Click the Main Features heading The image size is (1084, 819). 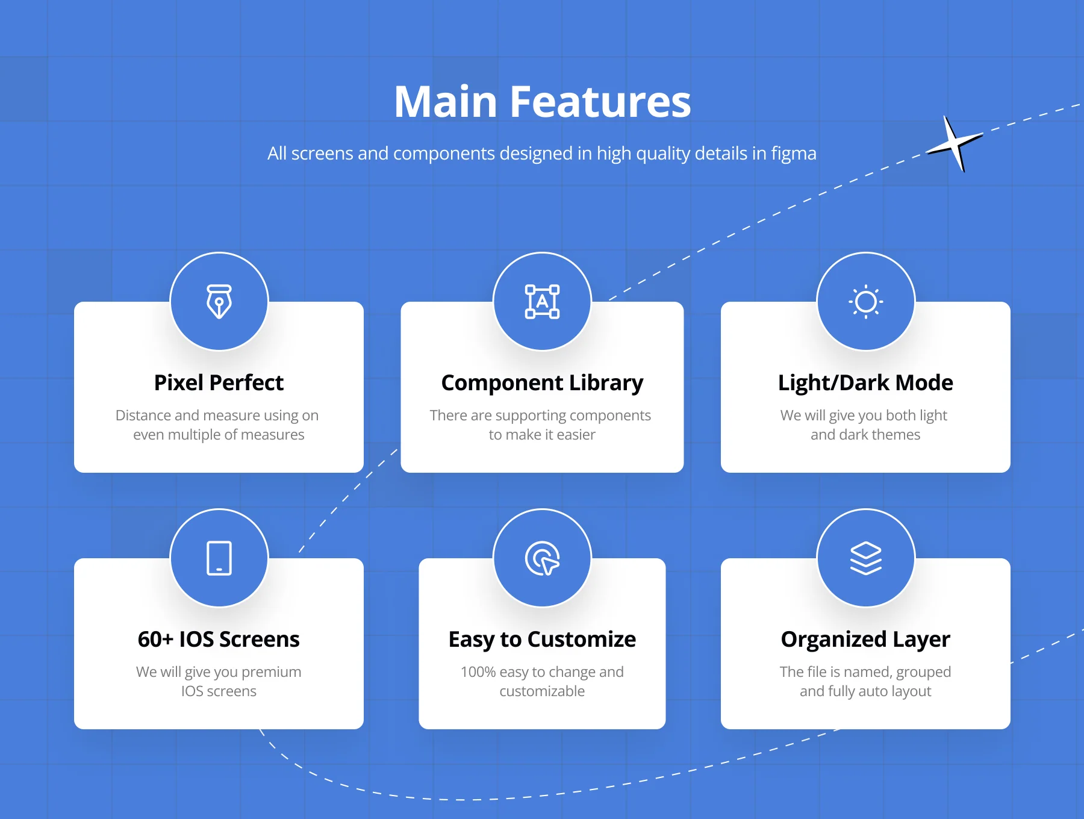pyautogui.click(x=542, y=101)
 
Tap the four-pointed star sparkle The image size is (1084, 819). pyautogui.click(x=955, y=144)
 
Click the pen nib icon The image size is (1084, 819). pyautogui.click(x=219, y=301)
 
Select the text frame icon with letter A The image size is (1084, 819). pyautogui.click(x=542, y=302)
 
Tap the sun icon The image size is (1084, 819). pyautogui.click(x=866, y=302)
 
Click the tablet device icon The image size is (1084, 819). pyautogui.click(x=219, y=558)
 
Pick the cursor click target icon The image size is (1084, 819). pyautogui.click(x=542, y=558)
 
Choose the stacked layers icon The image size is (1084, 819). pyautogui.click(x=866, y=558)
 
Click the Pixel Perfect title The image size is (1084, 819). pyautogui.click(x=219, y=383)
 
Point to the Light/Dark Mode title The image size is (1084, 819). pyautogui.click(x=865, y=383)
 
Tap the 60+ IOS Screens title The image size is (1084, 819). pyautogui.click(x=219, y=640)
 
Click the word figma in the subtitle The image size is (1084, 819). pyautogui.click(x=794, y=154)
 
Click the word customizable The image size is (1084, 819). pyautogui.click(x=542, y=691)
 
